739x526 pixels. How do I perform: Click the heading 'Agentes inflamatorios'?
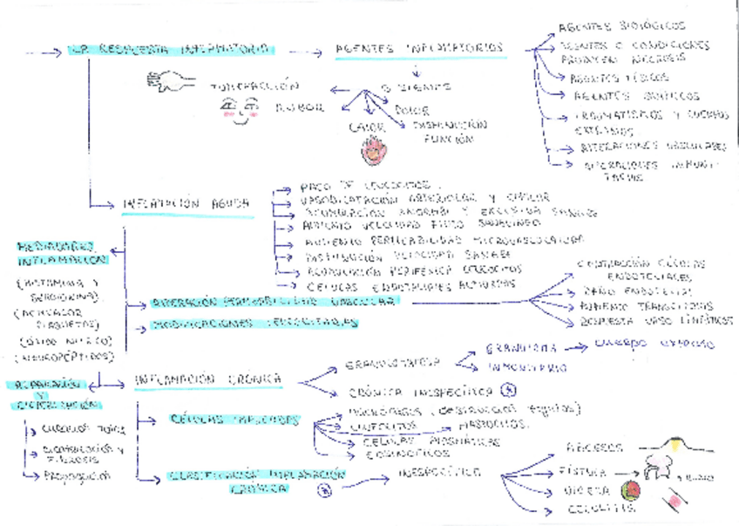tap(419, 49)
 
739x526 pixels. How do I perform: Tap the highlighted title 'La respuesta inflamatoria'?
tap(169, 51)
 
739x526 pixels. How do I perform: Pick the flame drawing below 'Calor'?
tap(373, 148)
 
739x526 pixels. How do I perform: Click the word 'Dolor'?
tap(410, 111)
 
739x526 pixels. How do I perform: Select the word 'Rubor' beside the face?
tap(300, 108)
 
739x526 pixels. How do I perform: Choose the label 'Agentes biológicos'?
tap(621, 26)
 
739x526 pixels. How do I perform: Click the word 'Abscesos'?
tap(595, 447)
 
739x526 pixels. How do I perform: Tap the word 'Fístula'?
tap(587, 472)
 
